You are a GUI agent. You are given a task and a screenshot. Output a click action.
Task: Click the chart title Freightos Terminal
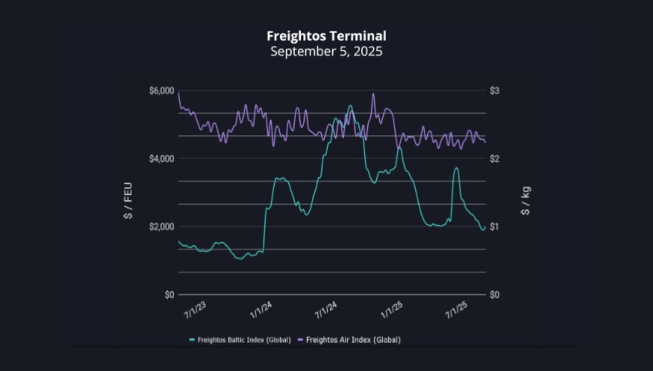pos(326,36)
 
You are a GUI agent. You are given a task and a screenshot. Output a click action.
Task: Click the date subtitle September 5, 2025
pos(326,51)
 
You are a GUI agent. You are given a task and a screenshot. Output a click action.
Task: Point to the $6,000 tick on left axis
pos(162,91)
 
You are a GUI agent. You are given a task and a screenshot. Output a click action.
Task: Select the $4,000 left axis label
pos(162,159)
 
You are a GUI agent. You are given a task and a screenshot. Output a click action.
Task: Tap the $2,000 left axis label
pos(162,227)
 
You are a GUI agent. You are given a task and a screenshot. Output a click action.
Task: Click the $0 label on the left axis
pos(169,295)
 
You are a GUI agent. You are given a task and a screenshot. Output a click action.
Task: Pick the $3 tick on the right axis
pos(494,91)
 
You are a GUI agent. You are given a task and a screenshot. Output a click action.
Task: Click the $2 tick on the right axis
pos(494,159)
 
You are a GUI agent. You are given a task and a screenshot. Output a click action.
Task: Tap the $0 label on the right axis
pos(494,295)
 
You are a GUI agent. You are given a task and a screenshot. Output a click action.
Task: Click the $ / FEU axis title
pos(128,201)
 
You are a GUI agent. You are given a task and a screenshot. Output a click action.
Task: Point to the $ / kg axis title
pos(526,201)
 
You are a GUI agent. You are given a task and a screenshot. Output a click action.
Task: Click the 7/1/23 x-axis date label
pos(195,310)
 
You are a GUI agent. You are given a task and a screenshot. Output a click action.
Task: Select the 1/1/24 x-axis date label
pos(261,310)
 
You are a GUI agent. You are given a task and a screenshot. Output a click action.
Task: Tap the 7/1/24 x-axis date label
pos(326,310)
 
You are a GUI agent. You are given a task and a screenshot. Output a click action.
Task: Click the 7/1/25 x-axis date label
pos(456,310)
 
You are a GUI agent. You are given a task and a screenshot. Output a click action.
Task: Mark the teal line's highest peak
pos(350,106)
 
